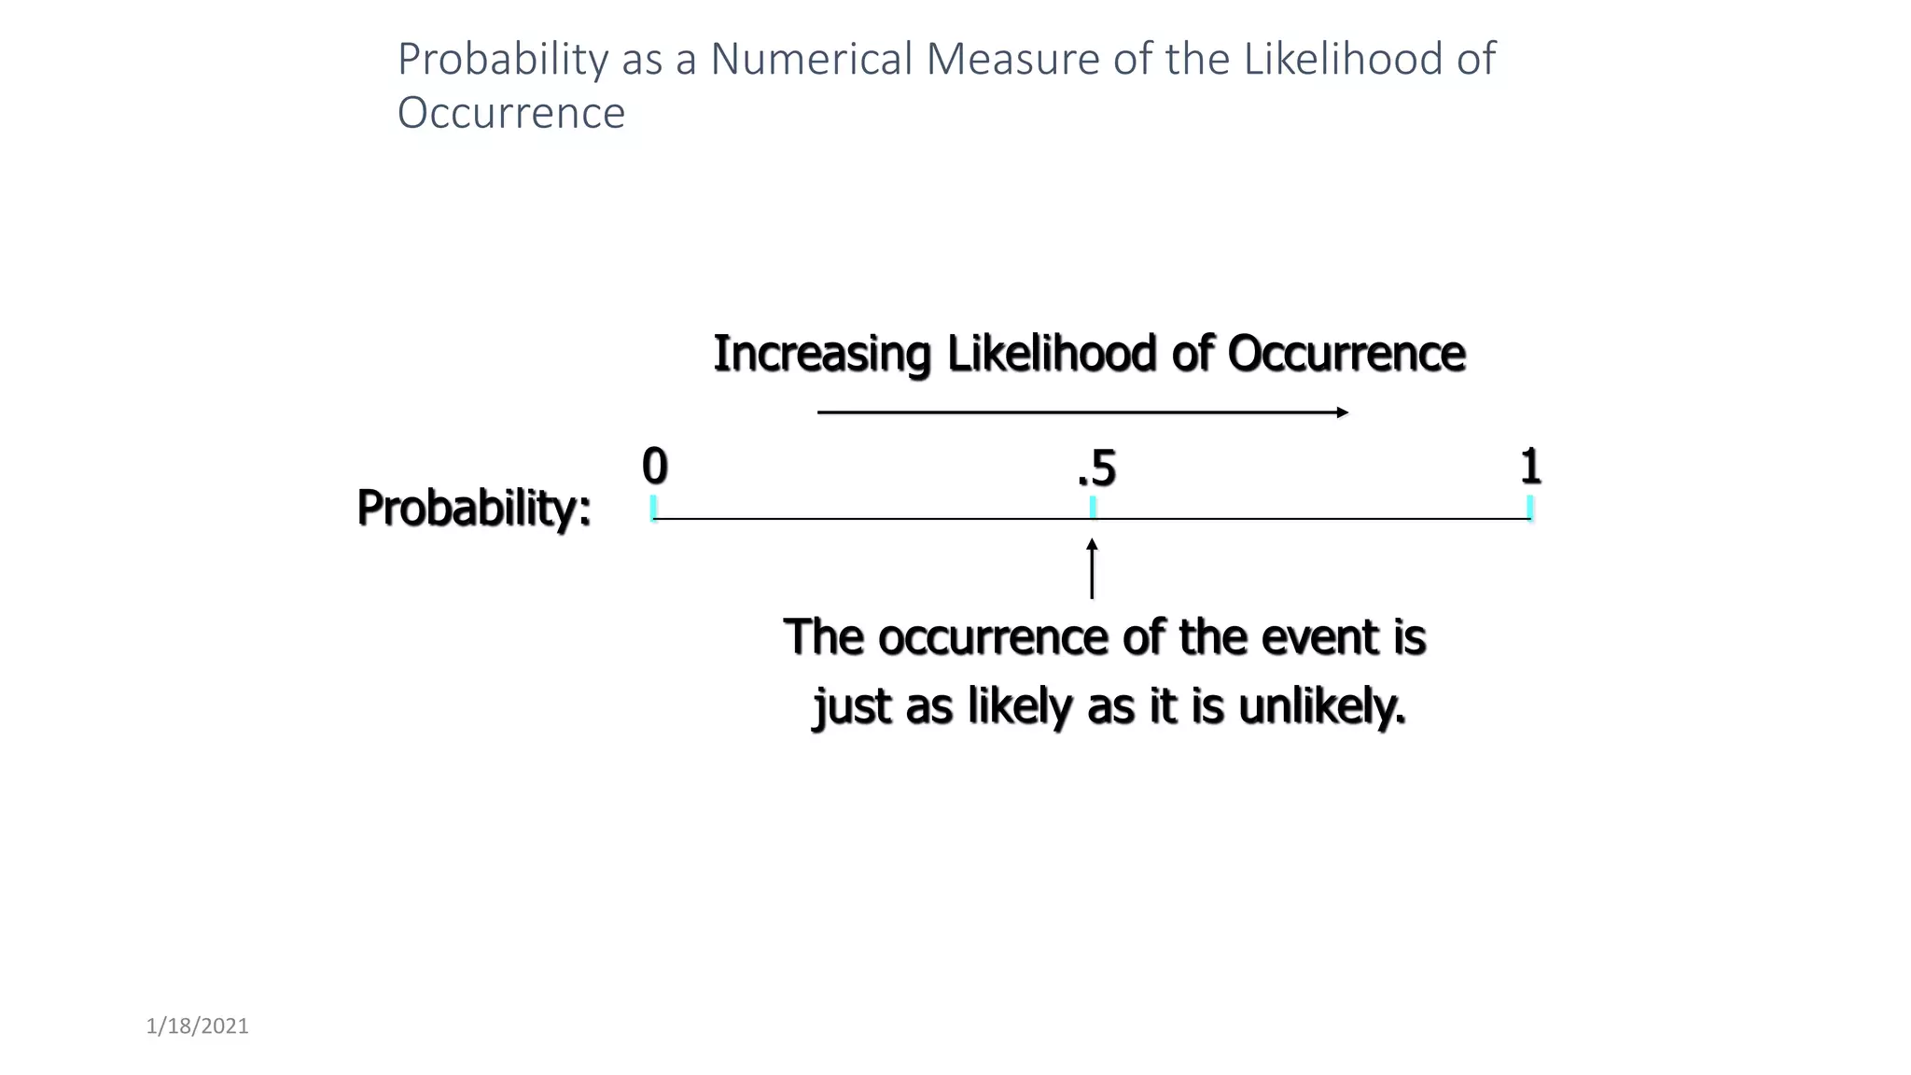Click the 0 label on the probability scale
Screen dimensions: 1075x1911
pos(654,467)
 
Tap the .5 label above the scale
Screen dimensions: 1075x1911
pos(1096,468)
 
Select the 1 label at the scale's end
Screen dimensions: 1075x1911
pos(1530,467)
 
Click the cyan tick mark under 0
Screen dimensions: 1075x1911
pos(653,508)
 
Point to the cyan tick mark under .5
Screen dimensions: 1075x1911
pos(1093,508)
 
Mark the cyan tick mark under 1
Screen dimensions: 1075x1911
pos(1530,508)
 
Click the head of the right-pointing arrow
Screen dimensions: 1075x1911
pos(1343,412)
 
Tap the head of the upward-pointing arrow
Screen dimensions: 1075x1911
pos(1092,545)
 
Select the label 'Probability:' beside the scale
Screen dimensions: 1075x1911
pos(474,509)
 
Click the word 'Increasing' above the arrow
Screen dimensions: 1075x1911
pos(821,354)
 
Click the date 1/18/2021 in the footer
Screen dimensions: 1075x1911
pos(198,1026)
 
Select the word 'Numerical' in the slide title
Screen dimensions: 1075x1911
pos(811,59)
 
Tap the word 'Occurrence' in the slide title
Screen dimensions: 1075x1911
pos(510,113)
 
